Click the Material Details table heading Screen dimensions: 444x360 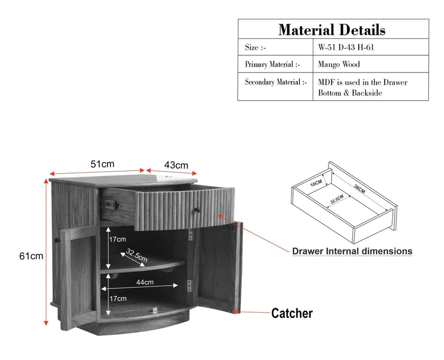pos(332,30)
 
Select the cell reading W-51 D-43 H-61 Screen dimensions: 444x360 pos(346,47)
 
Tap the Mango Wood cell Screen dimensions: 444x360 pos(339,64)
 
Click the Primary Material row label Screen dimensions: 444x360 pos(272,65)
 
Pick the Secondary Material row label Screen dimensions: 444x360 pos(276,82)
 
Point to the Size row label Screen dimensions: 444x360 pos(256,47)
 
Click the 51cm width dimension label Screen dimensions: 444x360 pos(102,164)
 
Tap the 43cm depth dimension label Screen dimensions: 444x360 pos(176,165)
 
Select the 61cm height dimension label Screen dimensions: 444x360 pos(31,256)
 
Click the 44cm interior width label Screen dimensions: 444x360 pos(145,282)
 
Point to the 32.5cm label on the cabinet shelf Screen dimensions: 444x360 pos(137,255)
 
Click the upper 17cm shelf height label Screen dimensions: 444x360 pos(117,240)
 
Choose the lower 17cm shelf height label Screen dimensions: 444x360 pos(118,298)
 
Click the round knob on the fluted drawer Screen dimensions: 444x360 pos(197,210)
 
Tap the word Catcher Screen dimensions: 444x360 pos(292,313)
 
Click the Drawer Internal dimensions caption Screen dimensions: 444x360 pos(352,252)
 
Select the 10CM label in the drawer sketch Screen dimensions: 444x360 pos(316,183)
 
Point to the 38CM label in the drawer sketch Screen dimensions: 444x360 pos(359,189)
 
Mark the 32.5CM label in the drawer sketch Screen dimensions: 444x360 pos(337,199)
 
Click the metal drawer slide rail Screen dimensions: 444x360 pos(110,204)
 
